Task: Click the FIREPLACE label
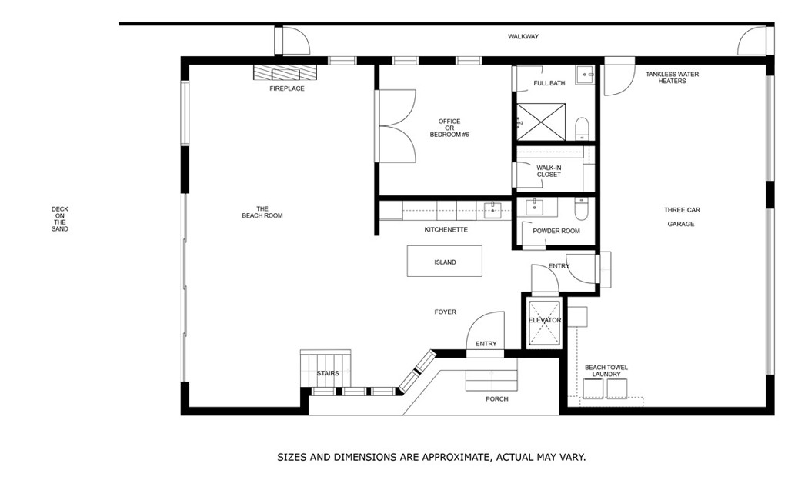[286, 88]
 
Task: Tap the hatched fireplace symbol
[285, 72]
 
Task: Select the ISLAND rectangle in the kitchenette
[445, 262]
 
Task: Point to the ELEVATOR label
[545, 320]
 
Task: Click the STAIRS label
[328, 373]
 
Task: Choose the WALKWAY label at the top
[523, 36]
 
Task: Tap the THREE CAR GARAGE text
[682, 216]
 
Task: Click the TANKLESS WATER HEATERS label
[672, 78]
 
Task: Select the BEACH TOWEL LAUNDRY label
[606, 371]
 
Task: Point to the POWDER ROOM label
[556, 231]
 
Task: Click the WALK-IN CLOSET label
[549, 171]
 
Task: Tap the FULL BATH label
[549, 83]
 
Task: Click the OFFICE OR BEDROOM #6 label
[449, 128]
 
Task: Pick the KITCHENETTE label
[446, 229]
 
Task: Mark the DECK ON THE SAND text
[59, 218]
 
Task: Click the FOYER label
[445, 312]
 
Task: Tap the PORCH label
[496, 399]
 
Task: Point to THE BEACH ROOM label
[262, 212]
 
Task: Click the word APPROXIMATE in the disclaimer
[450, 457]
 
